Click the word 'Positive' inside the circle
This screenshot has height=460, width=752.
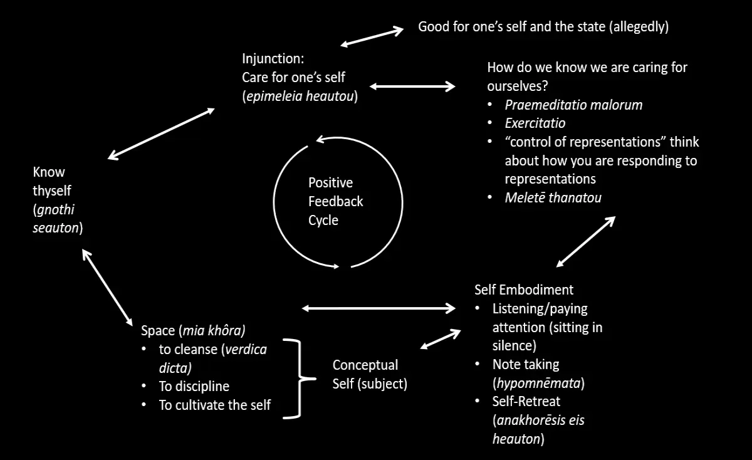(330, 183)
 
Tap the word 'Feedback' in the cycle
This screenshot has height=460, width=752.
(335, 201)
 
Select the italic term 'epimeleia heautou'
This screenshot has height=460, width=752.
(300, 97)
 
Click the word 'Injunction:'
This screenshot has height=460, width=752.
(273, 59)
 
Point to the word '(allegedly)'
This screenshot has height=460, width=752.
(639, 27)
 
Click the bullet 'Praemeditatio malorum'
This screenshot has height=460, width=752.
(573, 105)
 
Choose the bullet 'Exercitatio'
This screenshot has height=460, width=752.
(535, 123)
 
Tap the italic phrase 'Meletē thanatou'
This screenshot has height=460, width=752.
(553, 198)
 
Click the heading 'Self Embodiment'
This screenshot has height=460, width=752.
(524, 290)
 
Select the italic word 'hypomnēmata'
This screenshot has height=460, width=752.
(538, 383)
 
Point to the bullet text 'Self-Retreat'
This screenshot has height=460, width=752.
(526, 402)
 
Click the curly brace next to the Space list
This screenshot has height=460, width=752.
(300, 379)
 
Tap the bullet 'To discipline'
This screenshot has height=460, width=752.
(194, 387)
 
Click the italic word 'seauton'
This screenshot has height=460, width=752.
(56, 228)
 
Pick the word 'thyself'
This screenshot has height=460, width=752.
(51, 191)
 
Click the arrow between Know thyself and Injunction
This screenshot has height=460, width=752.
(161, 133)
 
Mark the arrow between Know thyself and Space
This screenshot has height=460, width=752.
(107, 288)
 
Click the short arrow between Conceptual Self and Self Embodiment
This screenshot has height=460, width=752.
(441, 339)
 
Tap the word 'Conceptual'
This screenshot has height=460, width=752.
(365, 365)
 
